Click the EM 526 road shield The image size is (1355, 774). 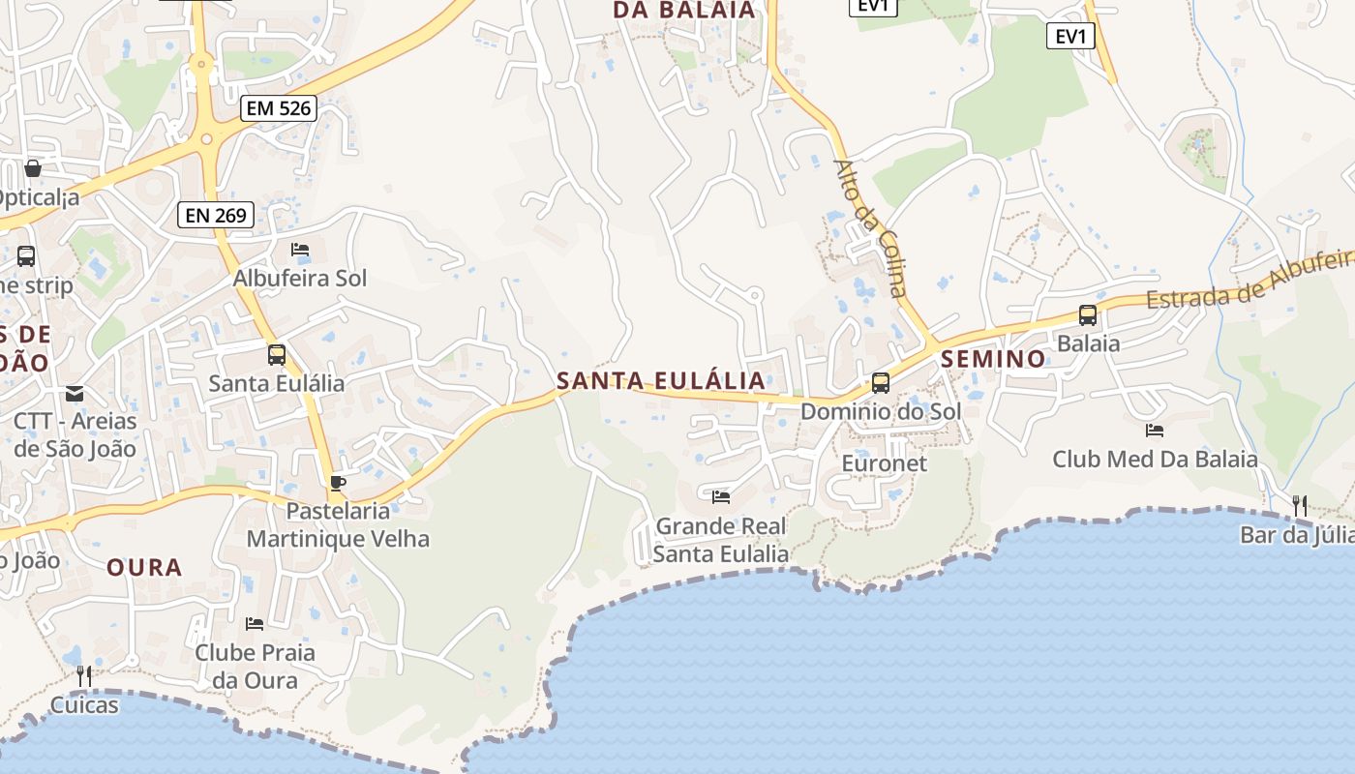pos(280,108)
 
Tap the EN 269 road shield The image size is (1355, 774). pos(216,215)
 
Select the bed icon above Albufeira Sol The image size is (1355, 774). pos(300,250)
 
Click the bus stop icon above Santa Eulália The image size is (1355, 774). pos(277,354)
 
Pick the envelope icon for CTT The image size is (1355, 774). pos(75,394)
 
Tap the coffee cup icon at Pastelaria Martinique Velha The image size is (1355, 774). pos(337,483)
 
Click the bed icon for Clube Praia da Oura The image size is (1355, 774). pos(255,624)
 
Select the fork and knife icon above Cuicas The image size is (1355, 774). pos(84,675)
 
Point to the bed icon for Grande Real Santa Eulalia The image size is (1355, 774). pos(721,497)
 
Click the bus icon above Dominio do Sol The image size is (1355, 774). pos(881,382)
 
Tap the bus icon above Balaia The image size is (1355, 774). pos(1088,314)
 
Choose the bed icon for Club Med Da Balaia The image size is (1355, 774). pos(1155,431)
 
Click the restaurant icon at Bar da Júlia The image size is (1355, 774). pos(1300,505)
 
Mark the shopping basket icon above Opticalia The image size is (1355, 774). pos(33,168)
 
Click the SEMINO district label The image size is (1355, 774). pos(994,359)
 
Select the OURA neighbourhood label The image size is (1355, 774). pos(144,567)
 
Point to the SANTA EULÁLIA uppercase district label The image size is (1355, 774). pos(661,381)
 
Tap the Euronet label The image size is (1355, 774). pos(885,463)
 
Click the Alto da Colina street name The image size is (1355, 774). pos(871,228)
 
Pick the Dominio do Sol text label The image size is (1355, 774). pos(881,411)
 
